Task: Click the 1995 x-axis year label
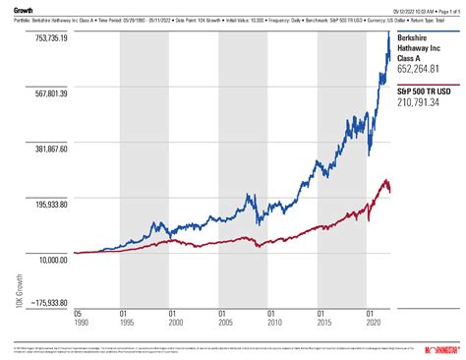(x=125, y=322)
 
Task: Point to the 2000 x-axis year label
(x=174, y=322)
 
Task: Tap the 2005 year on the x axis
(x=223, y=322)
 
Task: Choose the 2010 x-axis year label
(x=272, y=322)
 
